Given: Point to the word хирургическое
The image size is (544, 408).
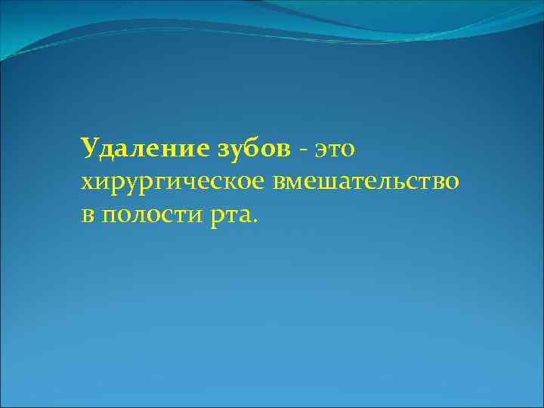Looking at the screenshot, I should pos(169,184).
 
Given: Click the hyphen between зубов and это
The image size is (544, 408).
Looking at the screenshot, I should pos(303,151).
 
